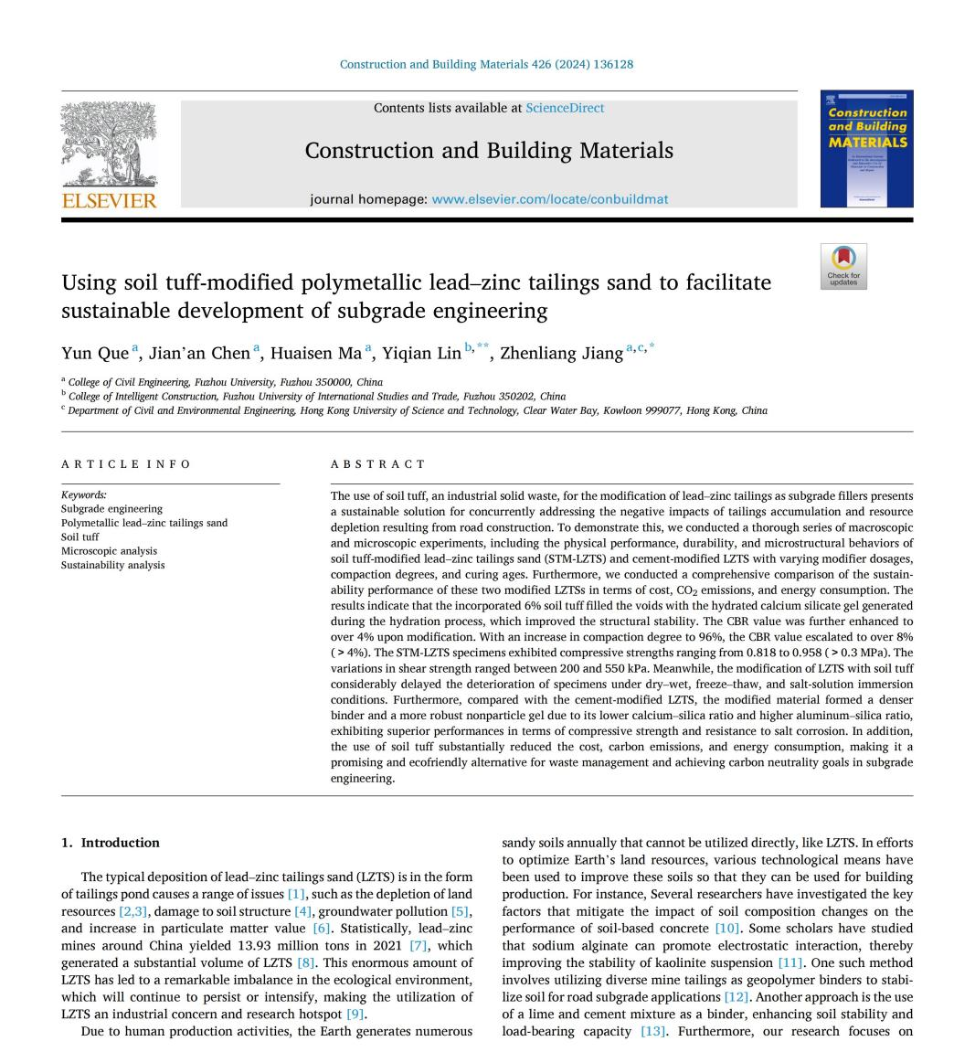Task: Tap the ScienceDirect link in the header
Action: coord(564,108)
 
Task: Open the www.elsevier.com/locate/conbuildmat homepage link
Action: coord(549,199)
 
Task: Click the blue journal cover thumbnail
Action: coord(865,148)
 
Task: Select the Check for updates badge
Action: coord(843,266)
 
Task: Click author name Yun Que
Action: coord(95,354)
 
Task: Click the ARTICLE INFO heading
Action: coord(126,464)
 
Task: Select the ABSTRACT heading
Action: coord(377,464)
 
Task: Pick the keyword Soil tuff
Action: coord(80,537)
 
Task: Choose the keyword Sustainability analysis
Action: coord(113,565)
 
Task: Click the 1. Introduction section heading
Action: coord(111,843)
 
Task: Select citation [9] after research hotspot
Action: coord(355,1014)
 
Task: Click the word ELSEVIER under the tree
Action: coord(109,200)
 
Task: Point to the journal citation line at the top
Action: coord(486,64)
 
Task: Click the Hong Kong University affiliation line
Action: coord(417,410)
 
